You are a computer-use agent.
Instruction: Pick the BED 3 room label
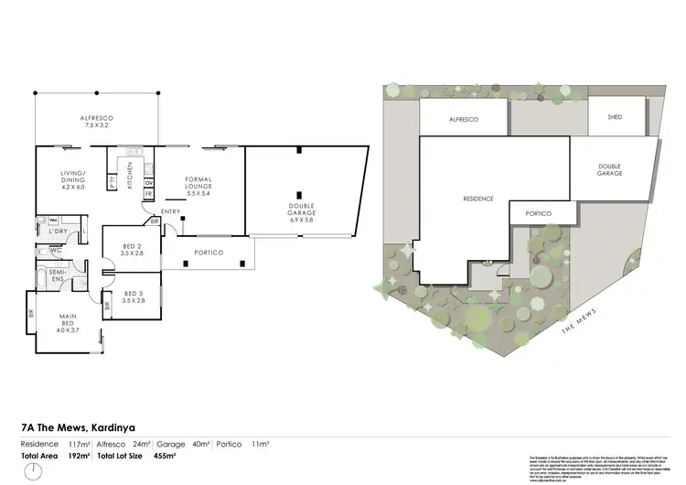(x=132, y=297)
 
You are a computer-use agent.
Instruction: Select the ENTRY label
(x=171, y=212)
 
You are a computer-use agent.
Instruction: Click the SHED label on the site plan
(x=614, y=117)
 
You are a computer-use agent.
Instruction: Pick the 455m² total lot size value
(x=176, y=454)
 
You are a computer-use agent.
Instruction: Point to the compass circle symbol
(x=34, y=470)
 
